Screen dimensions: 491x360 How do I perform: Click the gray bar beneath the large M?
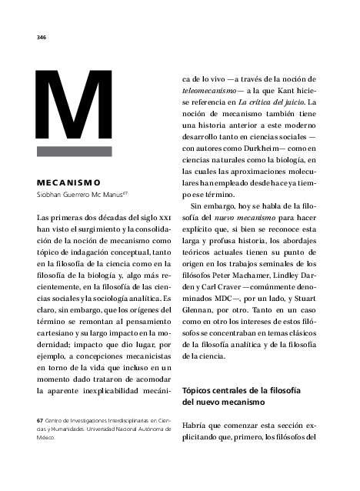tap(75, 152)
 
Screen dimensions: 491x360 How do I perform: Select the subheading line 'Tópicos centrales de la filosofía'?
tap(241, 391)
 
